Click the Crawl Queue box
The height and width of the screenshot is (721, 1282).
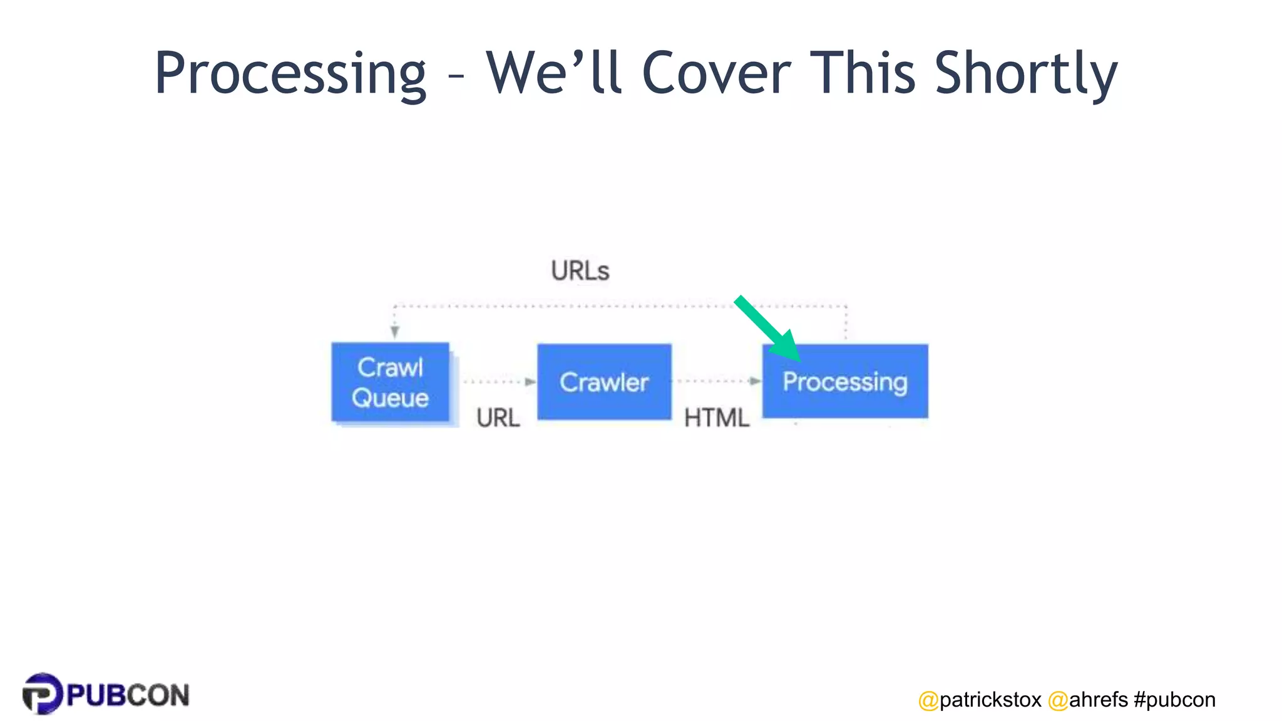[x=390, y=382]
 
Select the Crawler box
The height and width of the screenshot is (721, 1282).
[x=604, y=382]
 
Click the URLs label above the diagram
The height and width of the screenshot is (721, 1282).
[x=580, y=271]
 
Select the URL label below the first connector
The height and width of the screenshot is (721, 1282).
[x=498, y=418]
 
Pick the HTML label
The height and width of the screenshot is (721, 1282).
[x=716, y=418]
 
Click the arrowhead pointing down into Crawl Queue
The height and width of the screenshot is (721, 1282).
[x=394, y=332]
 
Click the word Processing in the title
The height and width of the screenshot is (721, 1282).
[x=290, y=74]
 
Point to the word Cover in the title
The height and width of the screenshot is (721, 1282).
[x=716, y=74]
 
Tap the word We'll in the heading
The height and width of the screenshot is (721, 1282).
[x=553, y=74]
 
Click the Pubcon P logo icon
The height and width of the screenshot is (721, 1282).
[x=42, y=693]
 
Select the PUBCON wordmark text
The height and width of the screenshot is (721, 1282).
[x=128, y=695]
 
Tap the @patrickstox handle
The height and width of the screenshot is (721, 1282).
[x=980, y=700]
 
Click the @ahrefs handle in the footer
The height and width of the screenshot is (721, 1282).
[x=1088, y=700]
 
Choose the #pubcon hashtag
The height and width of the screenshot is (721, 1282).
[x=1174, y=700]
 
